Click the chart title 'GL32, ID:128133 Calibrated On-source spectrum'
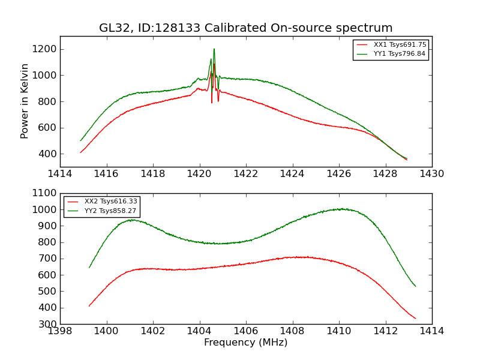click(246, 28)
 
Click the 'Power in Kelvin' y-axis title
click(25, 101)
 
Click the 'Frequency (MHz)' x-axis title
click(246, 343)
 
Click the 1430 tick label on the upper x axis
click(431, 174)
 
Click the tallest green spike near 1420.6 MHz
click(214, 49)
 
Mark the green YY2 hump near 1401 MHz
click(131, 220)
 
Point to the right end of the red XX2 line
click(415, 319)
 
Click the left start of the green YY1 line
click(80, 140)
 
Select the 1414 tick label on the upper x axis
click(60, 174)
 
